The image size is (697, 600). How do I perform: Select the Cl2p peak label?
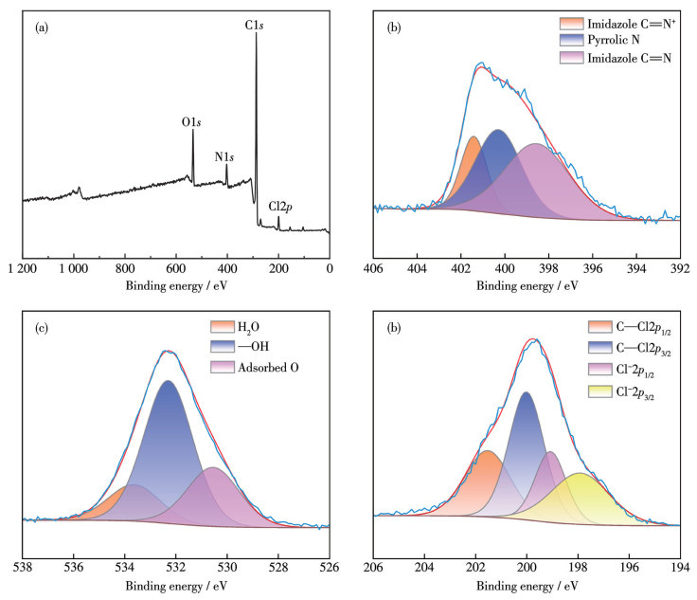(x=281, y=205)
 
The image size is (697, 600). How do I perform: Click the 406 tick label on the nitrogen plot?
(x=373, y=268)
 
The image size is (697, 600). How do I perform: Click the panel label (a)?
(x=42, y=28)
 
